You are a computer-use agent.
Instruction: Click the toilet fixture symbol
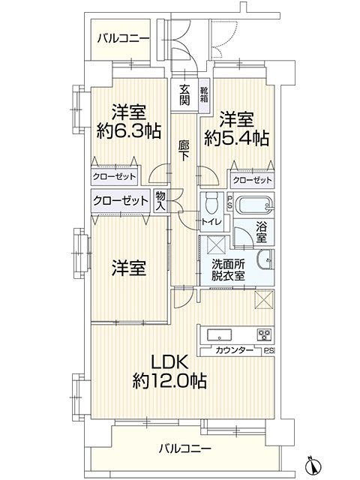(211, 202)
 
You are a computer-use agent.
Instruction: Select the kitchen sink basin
(220, 335)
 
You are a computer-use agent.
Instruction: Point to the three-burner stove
(265, 335)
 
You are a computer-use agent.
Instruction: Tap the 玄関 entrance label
(184, 95)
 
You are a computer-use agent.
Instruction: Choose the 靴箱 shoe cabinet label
(204, 94)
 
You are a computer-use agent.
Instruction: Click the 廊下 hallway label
(183, 151)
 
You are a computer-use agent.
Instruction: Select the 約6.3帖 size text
(129, 131)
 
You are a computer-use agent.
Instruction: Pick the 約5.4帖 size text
(237, 138)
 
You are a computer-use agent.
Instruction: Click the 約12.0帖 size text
(169, 381)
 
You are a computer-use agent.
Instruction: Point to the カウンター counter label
(235, 350)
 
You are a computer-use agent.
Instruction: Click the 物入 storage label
(160, 201)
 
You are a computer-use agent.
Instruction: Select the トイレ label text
(211, 221)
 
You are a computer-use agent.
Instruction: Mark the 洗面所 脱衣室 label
(228, 270)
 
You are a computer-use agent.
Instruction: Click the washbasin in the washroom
(265, 260)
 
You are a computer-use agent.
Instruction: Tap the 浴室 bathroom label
(261, 232)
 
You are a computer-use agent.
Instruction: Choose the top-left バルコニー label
(123, 39)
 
